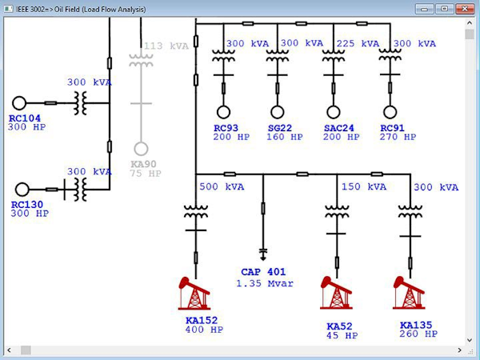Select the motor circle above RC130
tap(22, 190)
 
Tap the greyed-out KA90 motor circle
tap(141, 149)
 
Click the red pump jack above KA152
tap(194, 294)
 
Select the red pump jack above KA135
tap(409, 294)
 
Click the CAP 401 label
tap(264, 272)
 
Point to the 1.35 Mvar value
tap(265, 283)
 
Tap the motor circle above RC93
tap(223, 111)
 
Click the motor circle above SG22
tap(278, 111)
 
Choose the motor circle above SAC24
tap(333, 111)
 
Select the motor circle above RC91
tap(390, 111)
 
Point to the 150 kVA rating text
tap(363, 187)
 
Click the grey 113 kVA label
tap(166, 46)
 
